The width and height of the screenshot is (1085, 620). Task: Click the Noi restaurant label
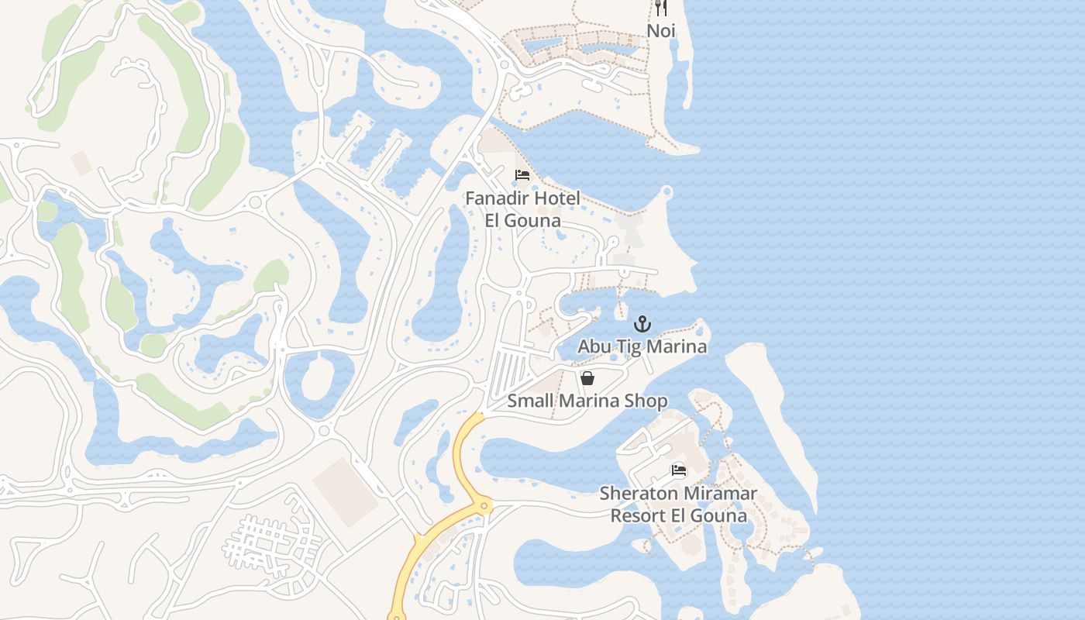(x=661, y=31)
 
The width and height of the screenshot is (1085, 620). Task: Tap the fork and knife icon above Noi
(x=661, y=8)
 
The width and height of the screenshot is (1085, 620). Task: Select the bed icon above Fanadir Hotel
(x=522, y=174)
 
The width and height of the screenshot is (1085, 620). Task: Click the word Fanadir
(x=498, y=198)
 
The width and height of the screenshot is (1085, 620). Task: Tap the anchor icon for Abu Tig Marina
(x=642, y=324)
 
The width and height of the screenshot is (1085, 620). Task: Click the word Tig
(x=623, y=346)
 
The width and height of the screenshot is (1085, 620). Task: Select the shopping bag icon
(x=587, y=378)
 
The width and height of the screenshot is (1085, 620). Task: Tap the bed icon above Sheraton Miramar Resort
(x=679, y=470)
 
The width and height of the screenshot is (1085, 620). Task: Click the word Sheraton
(x=635, y=494)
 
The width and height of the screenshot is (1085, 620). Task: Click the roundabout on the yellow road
(x=484, y=507)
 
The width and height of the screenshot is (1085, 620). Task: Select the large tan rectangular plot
(x=346, y=492)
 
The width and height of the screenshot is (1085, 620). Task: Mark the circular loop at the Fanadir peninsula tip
(x=666, y=191)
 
